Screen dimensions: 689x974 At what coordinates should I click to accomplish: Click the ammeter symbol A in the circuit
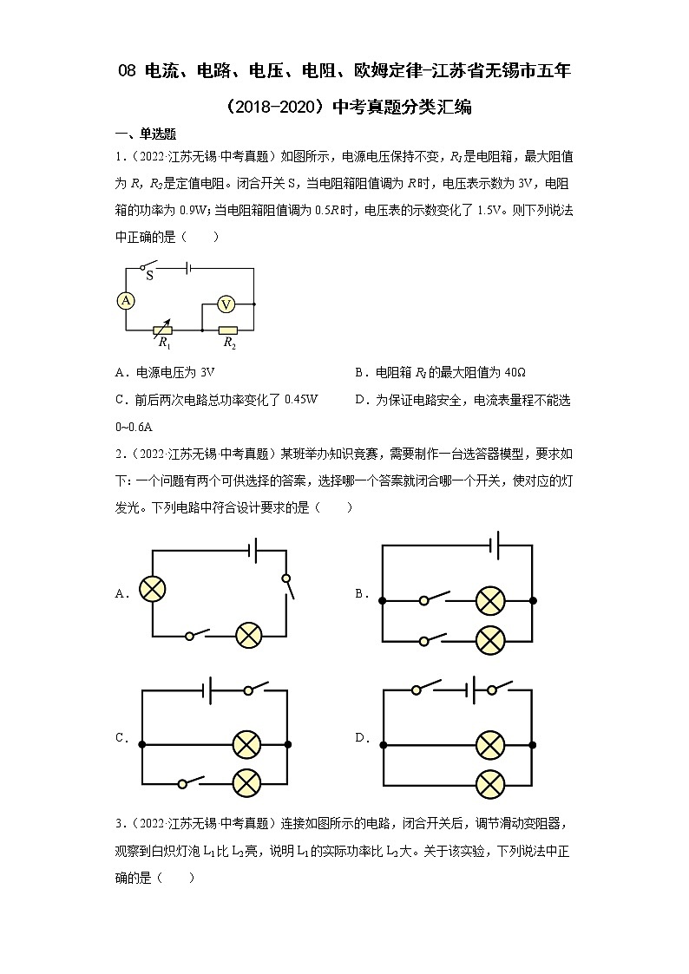(126, 300)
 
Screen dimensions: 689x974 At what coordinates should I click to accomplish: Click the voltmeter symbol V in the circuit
(226, 304)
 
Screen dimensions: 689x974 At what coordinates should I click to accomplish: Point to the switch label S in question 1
(149, 276)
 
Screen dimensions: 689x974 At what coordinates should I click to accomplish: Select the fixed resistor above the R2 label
(228, 330)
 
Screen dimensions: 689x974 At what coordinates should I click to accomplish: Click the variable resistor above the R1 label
(162, 330)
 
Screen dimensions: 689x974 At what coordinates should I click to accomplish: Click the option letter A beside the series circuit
(121, 594)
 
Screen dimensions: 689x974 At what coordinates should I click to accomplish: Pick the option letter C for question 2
(121, 738)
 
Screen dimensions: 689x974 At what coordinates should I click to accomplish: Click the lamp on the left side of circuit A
(153, 589)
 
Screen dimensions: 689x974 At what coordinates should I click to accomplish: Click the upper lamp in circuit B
(491, 599)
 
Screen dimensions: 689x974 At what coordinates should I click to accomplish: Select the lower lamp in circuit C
(248, 782)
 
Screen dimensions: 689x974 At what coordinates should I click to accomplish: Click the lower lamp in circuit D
(491, 782)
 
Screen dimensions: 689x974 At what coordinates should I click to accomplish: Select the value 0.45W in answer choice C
(302, 400)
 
